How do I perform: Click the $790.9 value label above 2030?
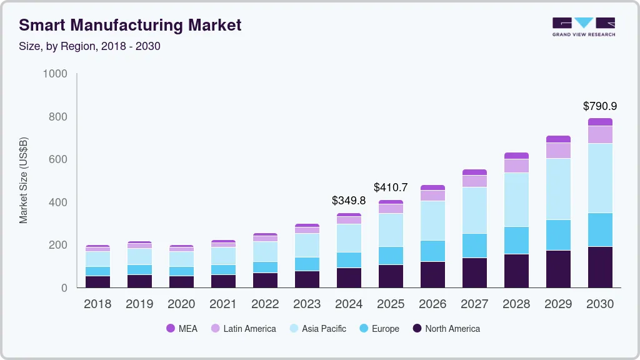[600, 106]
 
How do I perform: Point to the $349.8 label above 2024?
[349, 201]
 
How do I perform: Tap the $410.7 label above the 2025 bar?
[391, 187]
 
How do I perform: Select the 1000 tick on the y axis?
[55, 74]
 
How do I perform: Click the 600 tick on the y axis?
[59, 160]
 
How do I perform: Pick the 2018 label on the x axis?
[97, 304]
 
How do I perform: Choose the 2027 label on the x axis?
[474, 304]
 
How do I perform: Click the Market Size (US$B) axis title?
[24, 181]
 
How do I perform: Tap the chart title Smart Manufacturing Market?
[130, 26]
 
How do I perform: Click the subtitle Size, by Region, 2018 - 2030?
[89, 46]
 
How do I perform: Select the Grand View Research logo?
[583, 27]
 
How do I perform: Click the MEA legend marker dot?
[170, 329]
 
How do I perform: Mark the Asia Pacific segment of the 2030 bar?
[600, 178]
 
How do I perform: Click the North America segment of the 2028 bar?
[516, 271]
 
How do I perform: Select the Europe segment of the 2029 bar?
[558, 235]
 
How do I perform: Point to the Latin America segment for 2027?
[474, 181]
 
